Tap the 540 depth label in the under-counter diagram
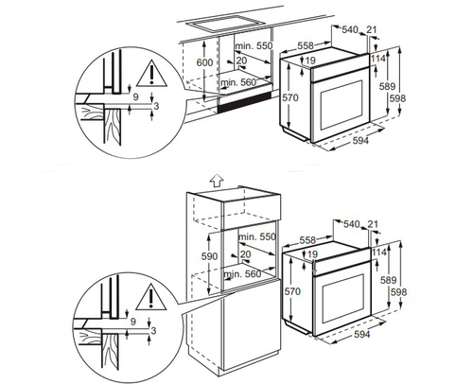(351, 30)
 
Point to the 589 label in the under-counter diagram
(387, 86)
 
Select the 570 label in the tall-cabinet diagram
(292, 292)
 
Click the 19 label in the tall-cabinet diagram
(311, 255)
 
